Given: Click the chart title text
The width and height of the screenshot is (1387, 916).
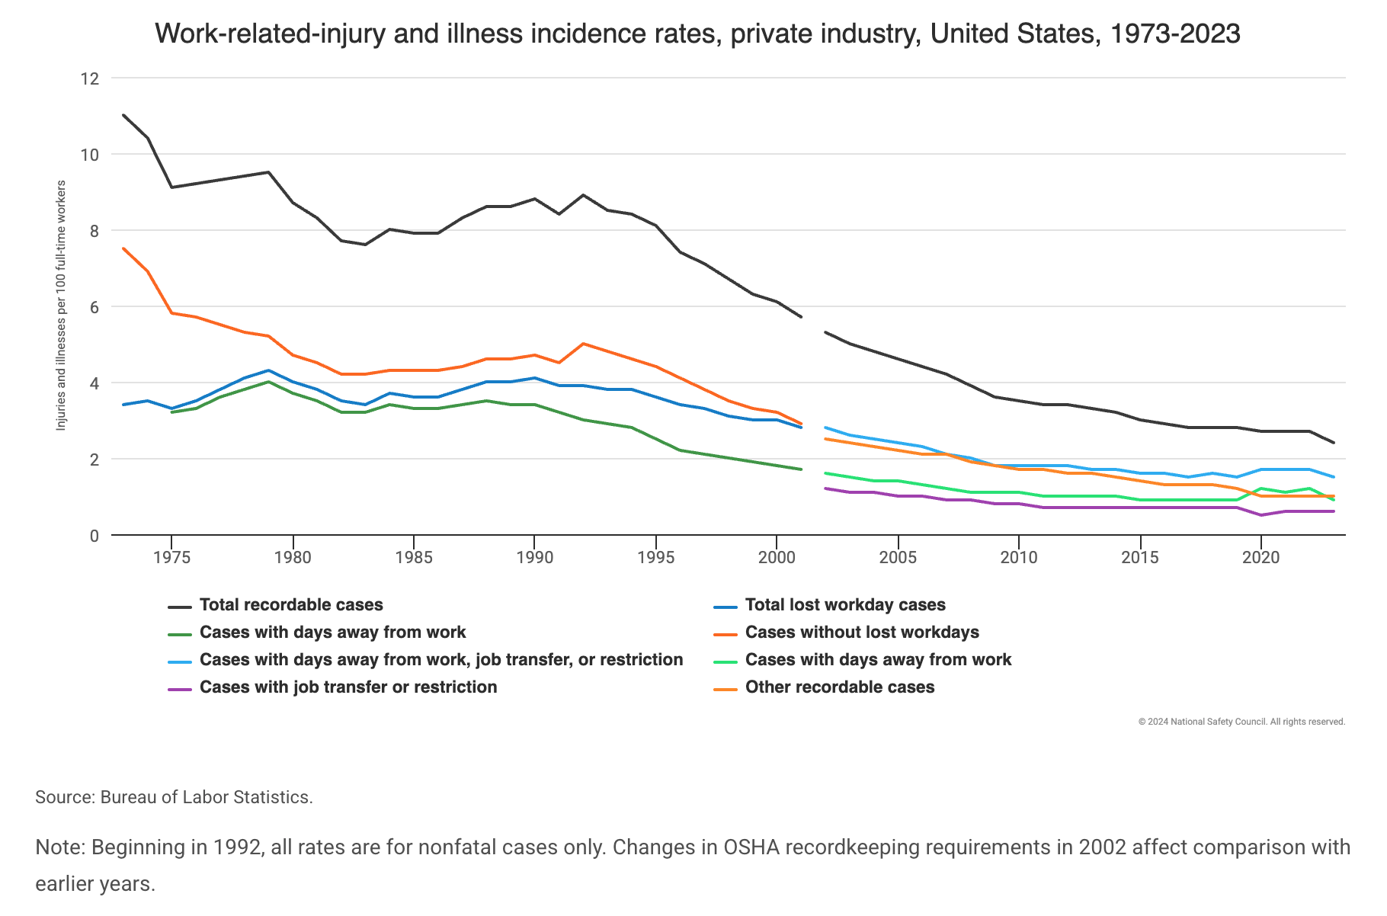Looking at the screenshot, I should [x=697, y=34].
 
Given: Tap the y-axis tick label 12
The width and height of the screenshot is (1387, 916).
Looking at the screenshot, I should [x=90, y=78].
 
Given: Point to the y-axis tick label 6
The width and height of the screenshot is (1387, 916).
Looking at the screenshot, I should [x=94, y=307].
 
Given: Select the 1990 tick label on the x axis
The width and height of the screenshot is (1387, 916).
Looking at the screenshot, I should [x=534, y=558].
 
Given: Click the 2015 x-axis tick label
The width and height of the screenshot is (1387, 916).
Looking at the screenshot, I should [x=1140, y=558].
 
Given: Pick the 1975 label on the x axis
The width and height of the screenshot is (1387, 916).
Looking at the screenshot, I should [x=171, y=558].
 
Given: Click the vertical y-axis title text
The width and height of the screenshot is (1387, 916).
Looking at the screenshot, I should [x=62, y=305].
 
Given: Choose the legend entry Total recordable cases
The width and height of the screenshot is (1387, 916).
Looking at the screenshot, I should [x=291, y=605].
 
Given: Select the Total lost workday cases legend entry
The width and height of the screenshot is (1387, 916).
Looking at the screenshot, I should [x=844, y=605].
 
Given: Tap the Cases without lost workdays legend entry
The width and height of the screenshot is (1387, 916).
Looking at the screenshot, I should [x=861, y=633].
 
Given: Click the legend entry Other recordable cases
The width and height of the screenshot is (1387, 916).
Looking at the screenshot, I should [x=839, y=687].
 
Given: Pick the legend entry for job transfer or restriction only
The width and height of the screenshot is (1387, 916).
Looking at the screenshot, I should [x=348, y=687].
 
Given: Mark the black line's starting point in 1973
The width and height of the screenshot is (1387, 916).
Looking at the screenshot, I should [x=123, y=115].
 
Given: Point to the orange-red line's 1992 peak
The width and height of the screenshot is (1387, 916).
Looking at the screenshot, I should [x=583, y=344].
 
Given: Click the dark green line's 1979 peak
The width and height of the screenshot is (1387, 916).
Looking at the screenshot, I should [x=268, y=382].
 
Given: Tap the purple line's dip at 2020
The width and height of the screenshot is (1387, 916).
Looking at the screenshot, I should [x=1261, y=515].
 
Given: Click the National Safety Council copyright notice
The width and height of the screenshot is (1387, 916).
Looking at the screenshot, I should [x=1241, y=722].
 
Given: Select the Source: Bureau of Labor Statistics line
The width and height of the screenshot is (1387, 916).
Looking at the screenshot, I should [x=174, y=798].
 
